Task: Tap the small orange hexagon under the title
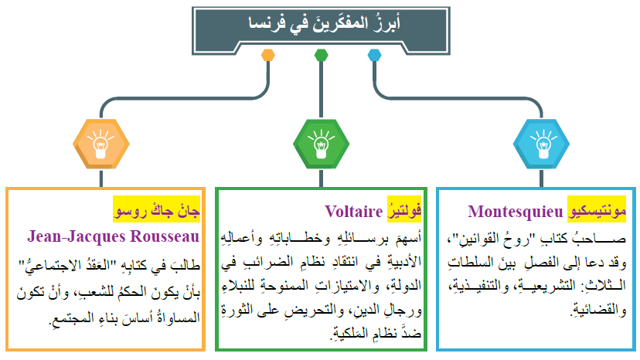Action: point(268,55)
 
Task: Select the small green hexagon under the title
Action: point(321,55)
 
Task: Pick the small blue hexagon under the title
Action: point(374,55)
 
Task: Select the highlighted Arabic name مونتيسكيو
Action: point(598,212)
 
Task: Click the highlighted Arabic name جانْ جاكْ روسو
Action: point(156,211)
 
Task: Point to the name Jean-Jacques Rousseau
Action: point(113,236)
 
